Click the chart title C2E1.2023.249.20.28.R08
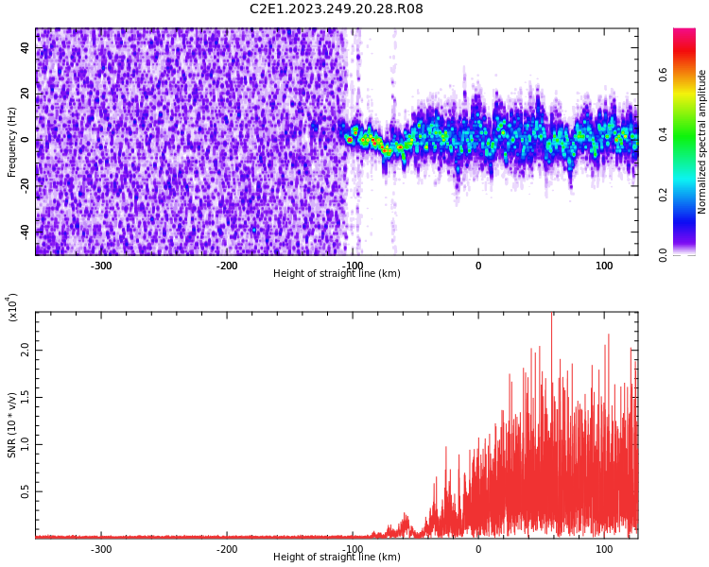[x=336, y=9]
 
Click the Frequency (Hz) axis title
[x=12, y=142]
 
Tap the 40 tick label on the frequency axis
[x=26, y=48]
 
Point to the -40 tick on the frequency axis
[x=26, y=230]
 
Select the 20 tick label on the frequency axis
[x=26, y=94]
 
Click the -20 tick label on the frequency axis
[x=26, y=184]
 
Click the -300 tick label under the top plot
[x=101, y=266]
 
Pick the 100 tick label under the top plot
[x=603, y=266]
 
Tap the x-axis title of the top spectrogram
[x=337, y=274]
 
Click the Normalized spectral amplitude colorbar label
[x=702, y=142]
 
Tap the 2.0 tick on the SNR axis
[x=26, y=350]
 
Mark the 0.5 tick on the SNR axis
[x=26, y=491]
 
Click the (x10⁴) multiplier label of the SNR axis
[x=12, y=307]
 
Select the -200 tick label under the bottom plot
[x=227, y=549]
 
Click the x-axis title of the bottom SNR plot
[x=337, y=558]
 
